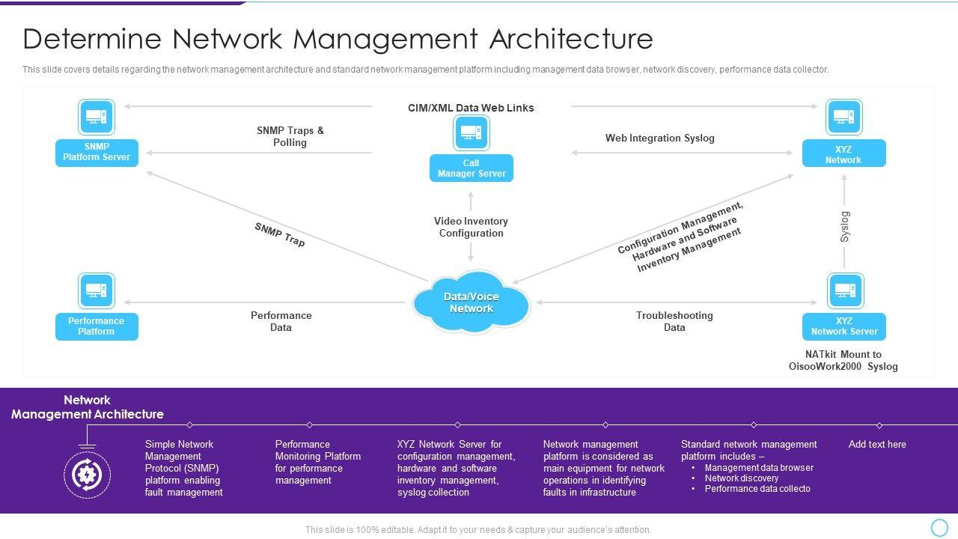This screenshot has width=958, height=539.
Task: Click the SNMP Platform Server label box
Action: click(97, 153)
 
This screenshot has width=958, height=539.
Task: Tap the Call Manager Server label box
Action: click(472, 168)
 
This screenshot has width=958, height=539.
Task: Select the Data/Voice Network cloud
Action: click(472, 302)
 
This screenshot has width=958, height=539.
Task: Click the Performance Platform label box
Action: click(97, 326)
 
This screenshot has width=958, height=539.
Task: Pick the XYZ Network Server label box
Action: click(844, 326)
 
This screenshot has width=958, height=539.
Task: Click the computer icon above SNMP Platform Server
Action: click(97, 117)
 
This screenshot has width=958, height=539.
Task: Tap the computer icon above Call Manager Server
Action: click(472, 133)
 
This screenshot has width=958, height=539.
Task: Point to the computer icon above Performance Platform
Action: click(97, 291)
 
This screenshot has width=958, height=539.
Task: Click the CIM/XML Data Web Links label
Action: click(471, 108)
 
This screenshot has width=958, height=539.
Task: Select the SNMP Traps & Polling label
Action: click(290, 136)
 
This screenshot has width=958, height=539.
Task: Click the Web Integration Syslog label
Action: click(660, 138)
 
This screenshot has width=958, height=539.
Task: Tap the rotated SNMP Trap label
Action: click(280, 234)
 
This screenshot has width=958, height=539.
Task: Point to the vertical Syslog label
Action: click(845, 227)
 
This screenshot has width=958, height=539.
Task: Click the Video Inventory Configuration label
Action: click(471, 227)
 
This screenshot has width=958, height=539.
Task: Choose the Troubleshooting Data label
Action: click(674, 321)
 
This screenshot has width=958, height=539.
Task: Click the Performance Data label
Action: click(281, 321)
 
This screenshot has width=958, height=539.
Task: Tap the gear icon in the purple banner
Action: click(88, 475)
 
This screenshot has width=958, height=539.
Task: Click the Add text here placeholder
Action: click(877, 445)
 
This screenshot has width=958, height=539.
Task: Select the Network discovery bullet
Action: click(741, 478)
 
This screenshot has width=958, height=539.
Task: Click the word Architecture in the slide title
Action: click(571, 39)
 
